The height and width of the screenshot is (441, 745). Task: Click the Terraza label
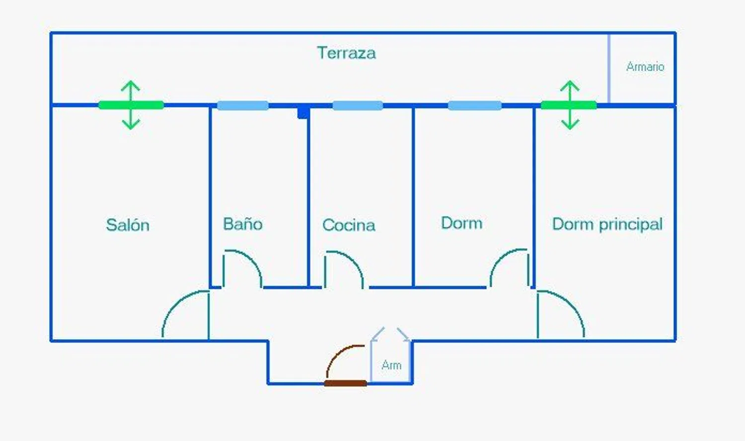coord(346,53)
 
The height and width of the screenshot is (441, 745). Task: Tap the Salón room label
coord(128,225)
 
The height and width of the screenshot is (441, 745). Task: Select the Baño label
coord(242,224)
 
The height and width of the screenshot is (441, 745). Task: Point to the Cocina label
coord(349,225)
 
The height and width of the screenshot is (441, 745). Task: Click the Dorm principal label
coord(607,224)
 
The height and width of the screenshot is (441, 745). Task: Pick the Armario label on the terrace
coord(645,67)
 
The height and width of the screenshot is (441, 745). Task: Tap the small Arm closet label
coord(391,365)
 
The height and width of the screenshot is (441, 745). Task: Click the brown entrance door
coord(346,383)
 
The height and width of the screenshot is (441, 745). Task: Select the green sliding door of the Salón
coord(131,105)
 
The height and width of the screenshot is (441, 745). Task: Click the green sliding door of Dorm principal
coord(569,105)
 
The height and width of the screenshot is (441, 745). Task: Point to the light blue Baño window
coord(243,105)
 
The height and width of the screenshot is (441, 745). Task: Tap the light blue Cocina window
coord(358,105)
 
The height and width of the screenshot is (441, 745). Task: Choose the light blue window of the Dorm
coord(475,105)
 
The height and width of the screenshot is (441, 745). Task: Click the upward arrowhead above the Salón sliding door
coord(131,85)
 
